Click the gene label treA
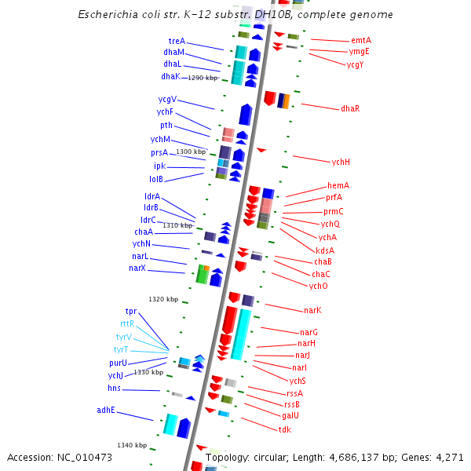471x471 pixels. click(177, 41)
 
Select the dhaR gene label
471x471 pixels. click(350, 108)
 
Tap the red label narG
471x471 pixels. click(309, 332)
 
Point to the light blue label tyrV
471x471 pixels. click(123, 337)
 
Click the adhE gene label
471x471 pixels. click(106, 409)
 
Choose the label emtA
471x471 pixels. click(361, 40)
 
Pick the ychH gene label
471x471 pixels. click(341, 162)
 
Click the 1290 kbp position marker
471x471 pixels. click(202, 78)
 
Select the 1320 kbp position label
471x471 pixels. click(163, 299)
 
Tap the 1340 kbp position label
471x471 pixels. click(132, 445)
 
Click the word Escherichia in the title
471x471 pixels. click(108, 15)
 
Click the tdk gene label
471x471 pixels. click(285, 429)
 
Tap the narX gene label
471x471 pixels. click(137, 268)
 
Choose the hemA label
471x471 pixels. click(338, 185)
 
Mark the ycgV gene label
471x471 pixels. click(167, 99)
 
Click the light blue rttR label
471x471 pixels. click(127, 323)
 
